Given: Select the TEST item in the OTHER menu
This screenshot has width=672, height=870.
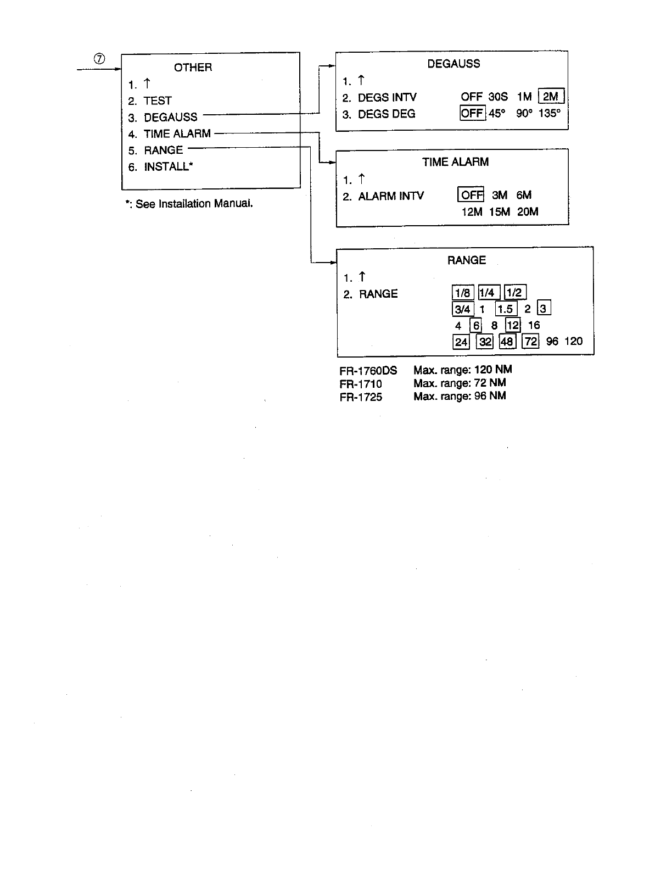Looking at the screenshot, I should tap(158, 101).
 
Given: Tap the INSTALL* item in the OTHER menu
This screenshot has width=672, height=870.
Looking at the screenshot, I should tap(169, 167).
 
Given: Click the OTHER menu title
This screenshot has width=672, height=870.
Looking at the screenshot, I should tap(193, 68).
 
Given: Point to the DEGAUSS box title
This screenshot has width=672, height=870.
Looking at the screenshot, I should tap(453, 64).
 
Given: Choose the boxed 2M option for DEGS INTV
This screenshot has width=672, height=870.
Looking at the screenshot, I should tap(551, 97).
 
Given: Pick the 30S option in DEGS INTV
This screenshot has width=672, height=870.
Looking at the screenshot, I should tap(498, 97).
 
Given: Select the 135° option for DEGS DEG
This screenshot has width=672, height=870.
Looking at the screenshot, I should tap(550, 114).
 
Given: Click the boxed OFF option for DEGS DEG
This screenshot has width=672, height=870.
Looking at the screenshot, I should tap(472, 114).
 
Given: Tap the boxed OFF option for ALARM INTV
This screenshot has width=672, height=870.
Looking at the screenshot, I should tap(471, 195).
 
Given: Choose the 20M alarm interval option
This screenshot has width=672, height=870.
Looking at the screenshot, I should tap(528, 211).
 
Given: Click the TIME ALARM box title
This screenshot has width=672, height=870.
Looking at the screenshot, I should tap(455, 162).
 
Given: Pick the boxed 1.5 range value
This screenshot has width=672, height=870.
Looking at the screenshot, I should tap(505, 309).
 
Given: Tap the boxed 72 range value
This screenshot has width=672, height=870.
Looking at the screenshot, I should tap(531, 342).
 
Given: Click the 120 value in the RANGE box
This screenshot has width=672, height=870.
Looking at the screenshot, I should tap(573, 341).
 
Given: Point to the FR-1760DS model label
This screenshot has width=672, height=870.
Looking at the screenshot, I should tap(368, 371).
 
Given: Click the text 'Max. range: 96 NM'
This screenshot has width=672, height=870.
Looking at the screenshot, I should tap(460, 396).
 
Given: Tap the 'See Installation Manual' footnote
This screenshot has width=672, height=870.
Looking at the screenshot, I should tap(190, 204).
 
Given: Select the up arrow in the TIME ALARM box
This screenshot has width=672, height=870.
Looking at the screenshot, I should tap(361, 179).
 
